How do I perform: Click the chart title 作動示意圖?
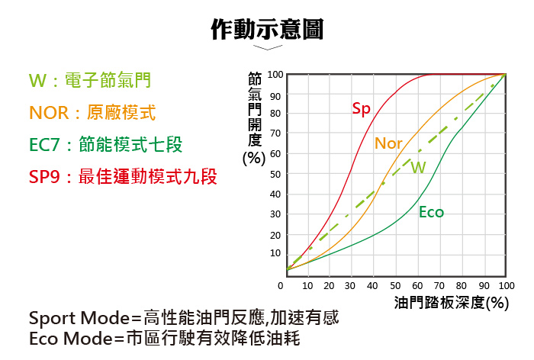click(267, 29)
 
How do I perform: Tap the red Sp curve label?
click(361, 109)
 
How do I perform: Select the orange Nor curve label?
click(388, 143)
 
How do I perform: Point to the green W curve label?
click(418, 167)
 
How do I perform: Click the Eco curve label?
click(431, 212)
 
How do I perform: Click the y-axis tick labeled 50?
click(275, 174)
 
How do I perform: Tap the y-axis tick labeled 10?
click(275, 253)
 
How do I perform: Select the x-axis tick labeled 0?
click(281, 285)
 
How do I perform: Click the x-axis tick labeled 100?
click(507, 285)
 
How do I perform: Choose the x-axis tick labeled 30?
click(350, 285)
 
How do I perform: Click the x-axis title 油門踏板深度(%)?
click(452, 302)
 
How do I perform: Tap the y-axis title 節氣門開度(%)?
click(254, 118)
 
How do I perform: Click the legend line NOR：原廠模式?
click(92, 113)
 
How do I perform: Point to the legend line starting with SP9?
click(123, 178)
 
